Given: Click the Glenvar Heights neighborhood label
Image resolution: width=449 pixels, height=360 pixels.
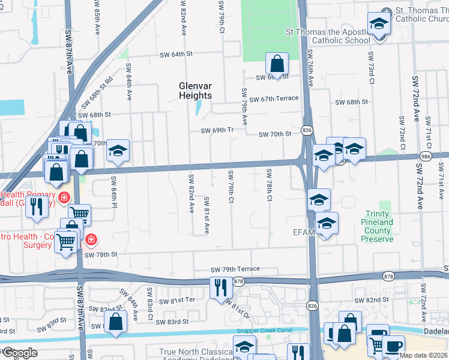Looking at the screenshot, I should point(195,91).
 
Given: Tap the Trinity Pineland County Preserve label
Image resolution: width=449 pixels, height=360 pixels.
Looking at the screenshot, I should point(377,227).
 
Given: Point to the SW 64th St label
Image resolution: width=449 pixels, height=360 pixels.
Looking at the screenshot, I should point(176,55).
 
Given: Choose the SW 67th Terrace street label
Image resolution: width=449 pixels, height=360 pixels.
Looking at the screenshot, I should point(274,98).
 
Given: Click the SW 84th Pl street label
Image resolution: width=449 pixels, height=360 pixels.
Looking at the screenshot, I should point(112,191).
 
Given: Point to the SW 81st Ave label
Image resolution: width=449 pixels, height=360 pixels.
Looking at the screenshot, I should point(206,215).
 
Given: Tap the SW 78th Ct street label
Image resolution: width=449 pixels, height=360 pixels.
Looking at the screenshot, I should point(270,185).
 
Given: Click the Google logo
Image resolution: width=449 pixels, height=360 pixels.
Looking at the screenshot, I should point(20,353).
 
